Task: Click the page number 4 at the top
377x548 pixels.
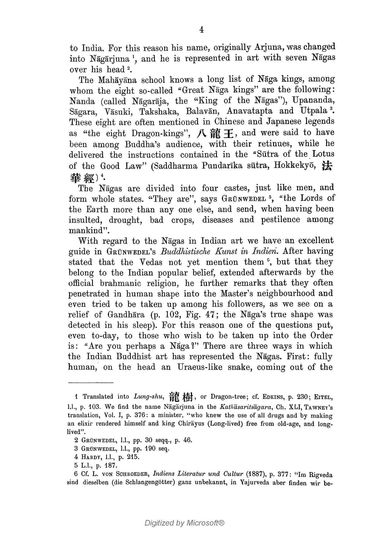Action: [201, 30]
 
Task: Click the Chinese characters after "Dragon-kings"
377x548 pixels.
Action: [215, 133]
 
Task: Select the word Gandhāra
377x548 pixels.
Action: [126, 315]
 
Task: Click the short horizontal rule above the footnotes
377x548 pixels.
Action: [90, 383]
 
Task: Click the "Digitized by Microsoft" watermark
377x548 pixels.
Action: [184, 523]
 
